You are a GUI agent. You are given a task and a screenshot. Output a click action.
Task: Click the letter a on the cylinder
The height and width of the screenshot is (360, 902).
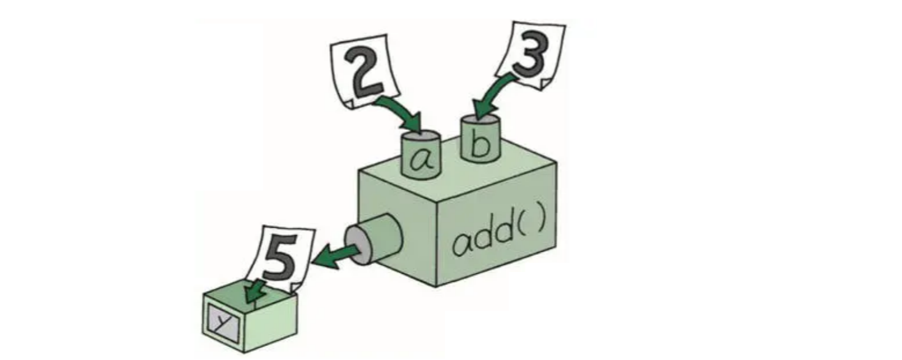(421, 160)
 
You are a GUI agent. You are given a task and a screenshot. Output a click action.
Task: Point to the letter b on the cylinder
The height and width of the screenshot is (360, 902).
(480, 143)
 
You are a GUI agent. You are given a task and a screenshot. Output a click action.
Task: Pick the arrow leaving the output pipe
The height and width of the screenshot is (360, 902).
(334, 257)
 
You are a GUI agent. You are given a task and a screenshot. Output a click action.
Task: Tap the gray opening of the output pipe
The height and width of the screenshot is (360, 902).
(358, 245)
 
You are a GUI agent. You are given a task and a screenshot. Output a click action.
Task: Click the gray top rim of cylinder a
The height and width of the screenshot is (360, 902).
(421, 136)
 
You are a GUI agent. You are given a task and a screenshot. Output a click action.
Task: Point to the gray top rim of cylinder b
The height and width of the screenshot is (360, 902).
(480, 119)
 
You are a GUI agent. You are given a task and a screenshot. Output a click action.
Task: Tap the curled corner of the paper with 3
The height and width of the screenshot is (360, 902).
(545, 84)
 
